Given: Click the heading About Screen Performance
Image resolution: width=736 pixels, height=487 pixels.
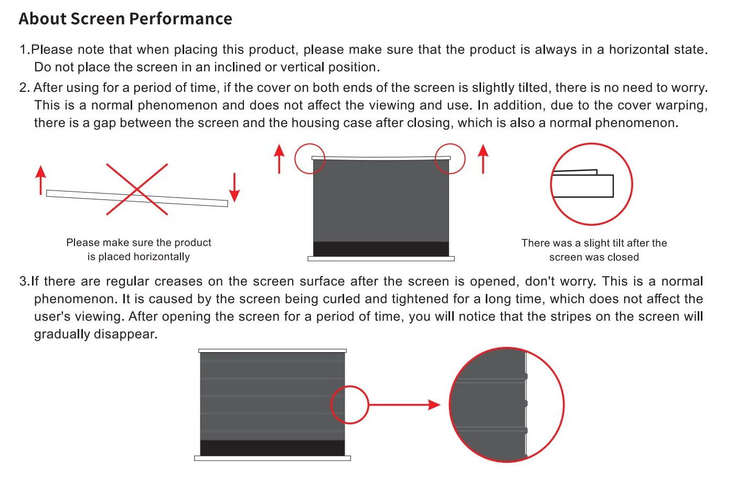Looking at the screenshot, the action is tap(125, 19).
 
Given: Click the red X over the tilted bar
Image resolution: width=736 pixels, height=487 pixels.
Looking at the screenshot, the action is tap(137, 189).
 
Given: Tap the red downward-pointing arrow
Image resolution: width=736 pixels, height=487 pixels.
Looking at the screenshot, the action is tap(234, 188).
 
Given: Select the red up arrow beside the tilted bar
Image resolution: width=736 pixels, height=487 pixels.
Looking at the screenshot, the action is tap(40, 180).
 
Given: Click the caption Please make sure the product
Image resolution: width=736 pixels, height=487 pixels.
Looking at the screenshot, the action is tap(138, 242).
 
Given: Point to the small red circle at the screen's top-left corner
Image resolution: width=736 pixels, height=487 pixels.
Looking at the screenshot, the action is tap(310, 158).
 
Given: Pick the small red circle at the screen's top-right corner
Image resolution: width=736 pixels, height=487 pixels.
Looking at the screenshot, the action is tap(450, 158).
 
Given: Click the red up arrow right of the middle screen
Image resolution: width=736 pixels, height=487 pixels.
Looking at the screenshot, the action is tap(483, 158).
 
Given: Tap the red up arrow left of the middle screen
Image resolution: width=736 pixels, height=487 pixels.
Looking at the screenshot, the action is tap(279, 158).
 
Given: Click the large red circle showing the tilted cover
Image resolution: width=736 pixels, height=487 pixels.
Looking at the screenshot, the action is tap(591, 184).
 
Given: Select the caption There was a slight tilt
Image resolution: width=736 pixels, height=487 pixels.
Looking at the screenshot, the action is tap(594, 243).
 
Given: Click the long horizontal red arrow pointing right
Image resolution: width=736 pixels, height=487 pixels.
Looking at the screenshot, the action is tap(404, 405).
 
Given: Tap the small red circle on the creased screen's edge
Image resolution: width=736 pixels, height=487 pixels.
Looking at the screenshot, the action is tap(349, 405).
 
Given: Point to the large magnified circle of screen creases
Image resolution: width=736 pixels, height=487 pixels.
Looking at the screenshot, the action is tap(506, 405).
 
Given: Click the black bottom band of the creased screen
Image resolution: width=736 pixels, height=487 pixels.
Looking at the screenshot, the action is tap(272, 448).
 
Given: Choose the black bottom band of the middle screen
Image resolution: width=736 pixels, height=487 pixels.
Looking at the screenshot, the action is tap(381, 249).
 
